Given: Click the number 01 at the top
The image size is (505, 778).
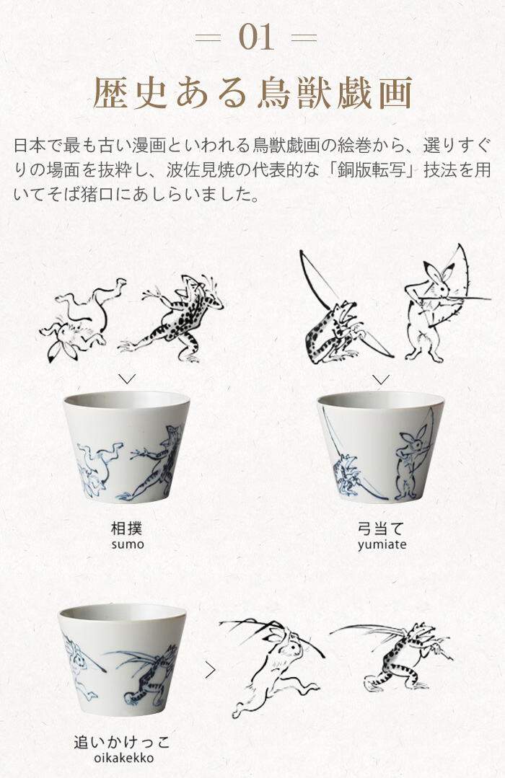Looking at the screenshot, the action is [256, 37].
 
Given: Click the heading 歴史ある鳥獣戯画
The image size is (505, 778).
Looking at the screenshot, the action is [252, 93].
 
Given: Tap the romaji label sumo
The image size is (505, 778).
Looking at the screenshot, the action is [128, 544].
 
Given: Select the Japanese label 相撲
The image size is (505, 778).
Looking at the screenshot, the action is [127, 528].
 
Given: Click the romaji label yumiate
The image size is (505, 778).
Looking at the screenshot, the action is [382, 545].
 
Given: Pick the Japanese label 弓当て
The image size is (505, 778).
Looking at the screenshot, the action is [381, 529].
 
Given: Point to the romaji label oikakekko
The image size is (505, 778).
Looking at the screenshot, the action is [124, 758].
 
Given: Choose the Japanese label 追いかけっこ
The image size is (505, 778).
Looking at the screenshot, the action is [122, 742].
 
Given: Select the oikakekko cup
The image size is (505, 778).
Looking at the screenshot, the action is [122, 660].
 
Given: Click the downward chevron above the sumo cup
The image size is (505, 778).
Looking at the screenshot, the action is [127, 379].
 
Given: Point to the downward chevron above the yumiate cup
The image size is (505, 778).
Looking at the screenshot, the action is [381, 379].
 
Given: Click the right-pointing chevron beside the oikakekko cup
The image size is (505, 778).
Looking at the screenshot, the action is [211, 670].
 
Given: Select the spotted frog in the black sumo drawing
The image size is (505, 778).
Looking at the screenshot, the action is [171, 318].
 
